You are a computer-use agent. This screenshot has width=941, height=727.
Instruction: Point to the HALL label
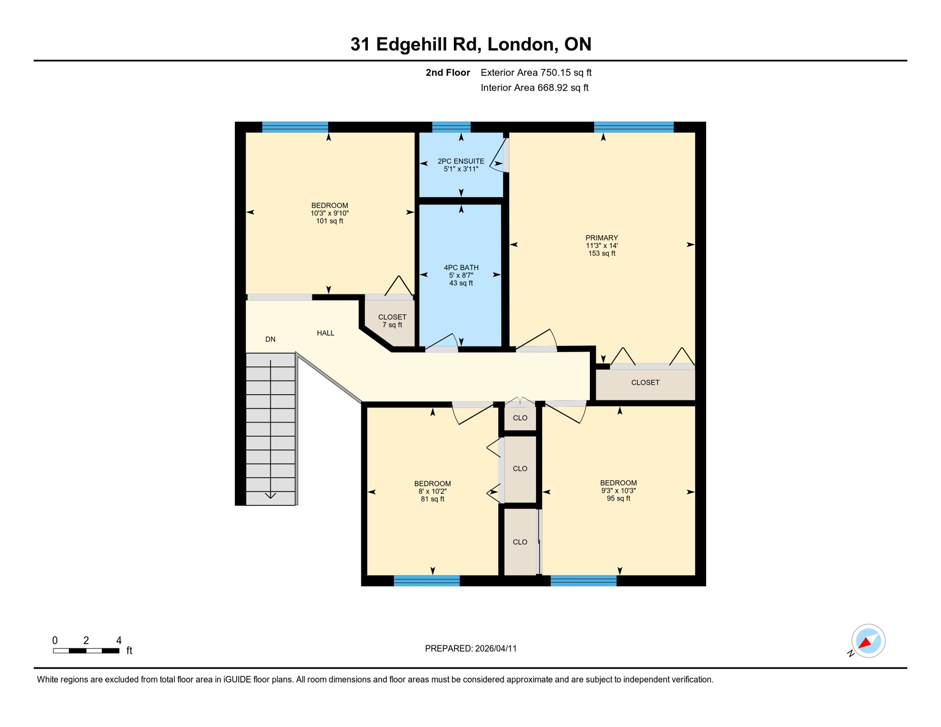326,333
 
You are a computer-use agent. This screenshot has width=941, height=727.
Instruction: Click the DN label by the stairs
270,339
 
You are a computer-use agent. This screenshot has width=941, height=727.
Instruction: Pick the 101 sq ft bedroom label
329,213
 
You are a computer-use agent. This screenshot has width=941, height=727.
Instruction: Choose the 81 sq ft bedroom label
432,491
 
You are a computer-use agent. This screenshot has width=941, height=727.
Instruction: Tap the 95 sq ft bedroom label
618,490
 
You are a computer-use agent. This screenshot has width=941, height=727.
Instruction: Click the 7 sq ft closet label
392,321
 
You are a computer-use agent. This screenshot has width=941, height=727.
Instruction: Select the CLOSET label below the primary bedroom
645,382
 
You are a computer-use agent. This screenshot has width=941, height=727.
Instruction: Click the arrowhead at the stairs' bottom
270,496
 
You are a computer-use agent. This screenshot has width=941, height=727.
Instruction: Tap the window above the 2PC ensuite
451,127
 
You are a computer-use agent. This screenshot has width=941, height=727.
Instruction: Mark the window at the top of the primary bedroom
633,127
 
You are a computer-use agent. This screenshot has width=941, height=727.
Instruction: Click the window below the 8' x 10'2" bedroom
426,580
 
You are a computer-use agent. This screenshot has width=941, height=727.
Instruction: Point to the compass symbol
868,641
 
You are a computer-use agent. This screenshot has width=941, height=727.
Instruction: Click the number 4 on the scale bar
119,640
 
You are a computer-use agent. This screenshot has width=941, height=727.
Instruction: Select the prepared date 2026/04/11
496,648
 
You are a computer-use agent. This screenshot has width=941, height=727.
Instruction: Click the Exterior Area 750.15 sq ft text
536,72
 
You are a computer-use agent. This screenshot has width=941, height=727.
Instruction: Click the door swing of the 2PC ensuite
498,156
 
